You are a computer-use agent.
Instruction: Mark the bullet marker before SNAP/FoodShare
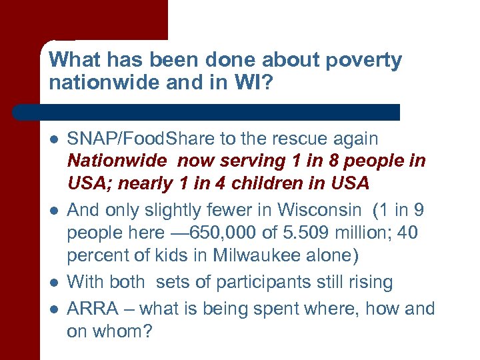(52, 140)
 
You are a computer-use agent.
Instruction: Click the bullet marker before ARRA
(52, 308)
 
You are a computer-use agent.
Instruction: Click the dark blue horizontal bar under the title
(207, 112)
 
